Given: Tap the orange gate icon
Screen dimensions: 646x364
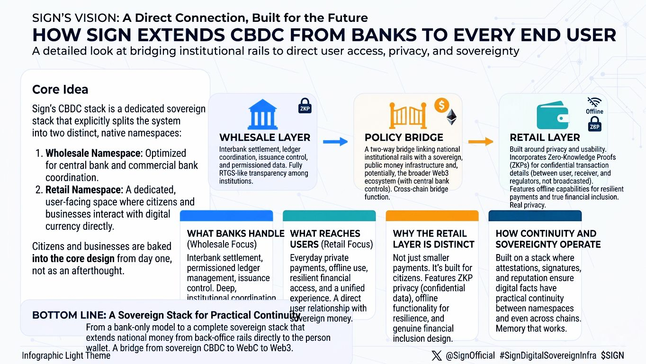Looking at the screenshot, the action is click(x=404, y=116).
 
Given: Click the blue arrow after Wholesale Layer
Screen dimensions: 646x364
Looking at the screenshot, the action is click(x=335, y=141).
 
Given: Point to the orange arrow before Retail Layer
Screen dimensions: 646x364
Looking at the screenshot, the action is click(x=481, y=141).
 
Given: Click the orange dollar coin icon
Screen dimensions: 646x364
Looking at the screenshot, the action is click(x=441, y=106).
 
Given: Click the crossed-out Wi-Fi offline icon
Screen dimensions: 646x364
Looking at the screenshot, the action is click(x=594, y=102).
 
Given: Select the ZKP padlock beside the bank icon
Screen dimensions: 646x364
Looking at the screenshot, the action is click(x=305, y=106).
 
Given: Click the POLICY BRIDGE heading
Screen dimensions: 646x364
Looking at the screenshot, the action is click(x=404, y=137).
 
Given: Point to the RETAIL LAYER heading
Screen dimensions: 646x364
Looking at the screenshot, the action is click(x=545, y=137).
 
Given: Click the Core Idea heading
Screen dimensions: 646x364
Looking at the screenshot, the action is click(x=60, y=89).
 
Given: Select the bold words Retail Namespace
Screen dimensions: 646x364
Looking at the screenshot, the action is click(x=83, y=190).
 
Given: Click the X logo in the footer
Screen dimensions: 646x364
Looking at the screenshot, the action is click(x=437, y=355).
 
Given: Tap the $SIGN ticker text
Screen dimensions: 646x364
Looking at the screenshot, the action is click(x=612, y=355).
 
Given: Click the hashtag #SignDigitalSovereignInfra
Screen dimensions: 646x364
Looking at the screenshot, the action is click(x=547, y=355).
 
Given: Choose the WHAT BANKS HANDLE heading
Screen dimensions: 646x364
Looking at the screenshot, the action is click(x=235, y=233).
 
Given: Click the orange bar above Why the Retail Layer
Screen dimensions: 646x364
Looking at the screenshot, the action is click(x=432, y=216).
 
